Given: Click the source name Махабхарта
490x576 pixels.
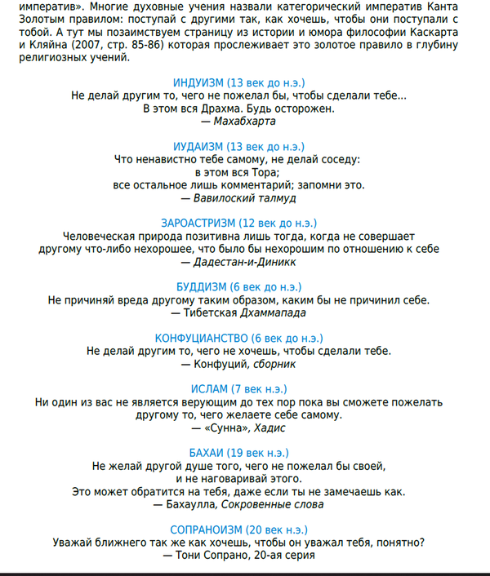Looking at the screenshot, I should [x=244, y=121].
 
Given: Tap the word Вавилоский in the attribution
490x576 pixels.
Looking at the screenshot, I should [x=221, y=197].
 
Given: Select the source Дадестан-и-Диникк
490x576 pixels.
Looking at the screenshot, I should [x=245, y=261].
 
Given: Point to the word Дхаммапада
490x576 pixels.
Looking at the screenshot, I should [x=273, y=312].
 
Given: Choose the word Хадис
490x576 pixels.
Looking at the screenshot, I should [x=270, y=427].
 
